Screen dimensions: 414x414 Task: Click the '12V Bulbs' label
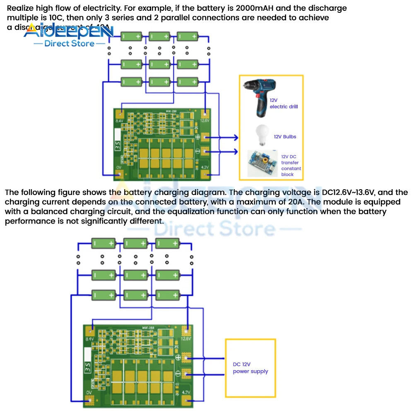point(285,137)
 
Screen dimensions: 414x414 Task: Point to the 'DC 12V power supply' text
point(250,368)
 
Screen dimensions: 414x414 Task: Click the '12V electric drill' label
point(284,103)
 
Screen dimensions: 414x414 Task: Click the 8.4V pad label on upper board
point(120,121)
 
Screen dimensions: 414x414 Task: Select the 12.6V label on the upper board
point(204,121)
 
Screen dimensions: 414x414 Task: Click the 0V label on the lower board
point(89,392)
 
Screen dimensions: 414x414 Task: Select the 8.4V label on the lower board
point(89,339)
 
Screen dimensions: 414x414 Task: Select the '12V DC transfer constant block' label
point(291,166)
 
